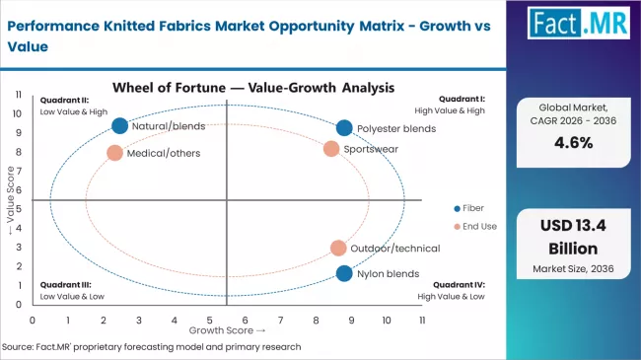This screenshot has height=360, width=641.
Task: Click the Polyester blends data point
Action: click(x=343, y=128)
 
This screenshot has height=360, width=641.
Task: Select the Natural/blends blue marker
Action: click(x=120, y=125)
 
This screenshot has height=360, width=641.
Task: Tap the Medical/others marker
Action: click(x=114, y=153)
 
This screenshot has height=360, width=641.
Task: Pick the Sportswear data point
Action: click(x=331, y=149)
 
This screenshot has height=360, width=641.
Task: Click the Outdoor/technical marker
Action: click(x=338, y=249)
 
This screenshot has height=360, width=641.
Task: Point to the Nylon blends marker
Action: click(x=343, y=273)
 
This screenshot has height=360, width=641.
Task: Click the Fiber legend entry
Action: click(x=468, y=208)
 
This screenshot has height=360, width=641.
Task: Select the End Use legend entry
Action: click(x=474, y=227)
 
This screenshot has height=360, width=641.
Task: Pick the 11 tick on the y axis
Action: click(x=19, y=94)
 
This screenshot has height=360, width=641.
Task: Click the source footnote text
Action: click(x=153, y=346)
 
